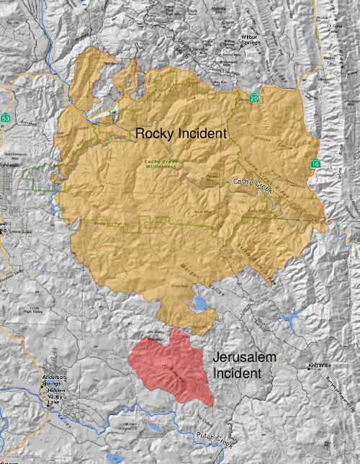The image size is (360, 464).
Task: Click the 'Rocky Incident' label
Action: click(x=181, y=133)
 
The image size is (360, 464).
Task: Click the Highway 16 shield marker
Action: click(x=315, y=165)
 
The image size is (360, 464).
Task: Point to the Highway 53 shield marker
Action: click(x=6, y=117)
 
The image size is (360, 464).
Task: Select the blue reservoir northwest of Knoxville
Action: click(x=292, y=317)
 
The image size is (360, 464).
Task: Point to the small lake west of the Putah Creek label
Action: click(x=114, y=457)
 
